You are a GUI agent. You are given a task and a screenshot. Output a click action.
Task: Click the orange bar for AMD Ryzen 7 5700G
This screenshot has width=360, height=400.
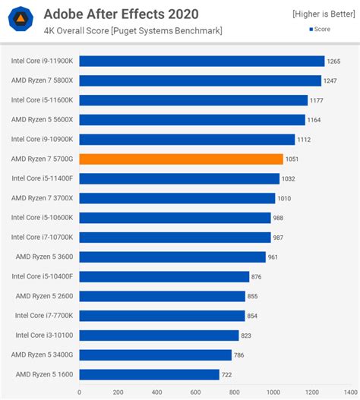pos(181,159)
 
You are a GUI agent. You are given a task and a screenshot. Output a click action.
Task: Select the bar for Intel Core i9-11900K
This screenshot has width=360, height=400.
pos(201,61)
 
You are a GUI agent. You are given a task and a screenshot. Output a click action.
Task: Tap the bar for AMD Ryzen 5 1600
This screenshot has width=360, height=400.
pos(149,374)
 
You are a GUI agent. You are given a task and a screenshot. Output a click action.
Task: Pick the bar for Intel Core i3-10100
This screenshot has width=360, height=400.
pos(159,335)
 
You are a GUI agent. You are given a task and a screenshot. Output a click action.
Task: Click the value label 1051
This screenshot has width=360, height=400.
pos(294,159)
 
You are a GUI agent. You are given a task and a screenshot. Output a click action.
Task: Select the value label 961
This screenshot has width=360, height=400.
pos(273,257)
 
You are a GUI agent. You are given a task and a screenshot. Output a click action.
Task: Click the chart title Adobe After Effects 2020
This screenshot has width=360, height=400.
pos(121,14)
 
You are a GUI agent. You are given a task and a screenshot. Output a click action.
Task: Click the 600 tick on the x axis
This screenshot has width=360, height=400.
pos(195,392)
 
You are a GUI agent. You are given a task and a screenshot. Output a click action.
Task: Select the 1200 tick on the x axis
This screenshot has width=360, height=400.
pos(312,392)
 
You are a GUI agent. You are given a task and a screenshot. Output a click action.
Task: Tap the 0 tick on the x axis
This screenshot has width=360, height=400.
pos(79,392)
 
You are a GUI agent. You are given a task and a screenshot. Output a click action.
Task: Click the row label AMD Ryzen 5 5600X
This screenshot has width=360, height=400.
pos(42,120)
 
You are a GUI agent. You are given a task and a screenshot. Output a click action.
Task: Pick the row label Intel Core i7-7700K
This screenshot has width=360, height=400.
pos(43,316)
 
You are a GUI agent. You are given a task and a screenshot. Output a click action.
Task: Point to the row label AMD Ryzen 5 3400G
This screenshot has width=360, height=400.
pos(42,354)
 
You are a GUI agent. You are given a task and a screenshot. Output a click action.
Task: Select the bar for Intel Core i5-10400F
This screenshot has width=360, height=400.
pos(164,276)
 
